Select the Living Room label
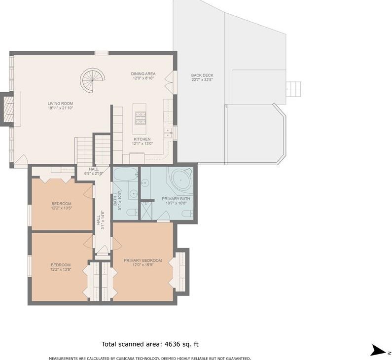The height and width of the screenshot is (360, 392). [x=60, y=103]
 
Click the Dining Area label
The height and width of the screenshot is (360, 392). [x=143, y=74]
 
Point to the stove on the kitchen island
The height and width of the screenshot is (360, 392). [x=140, y=118]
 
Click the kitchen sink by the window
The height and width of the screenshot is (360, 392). [x=167, y=133]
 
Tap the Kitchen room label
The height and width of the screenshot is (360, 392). [x=142, y=139]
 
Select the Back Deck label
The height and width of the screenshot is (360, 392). [x=202, y=75]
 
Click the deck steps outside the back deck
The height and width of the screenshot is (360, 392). [x=293, y=89]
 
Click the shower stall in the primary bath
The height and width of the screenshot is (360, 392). [x=146, y=211]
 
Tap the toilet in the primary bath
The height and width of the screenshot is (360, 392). [x=187, y=214]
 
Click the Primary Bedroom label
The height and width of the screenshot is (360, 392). [x=143, y=260]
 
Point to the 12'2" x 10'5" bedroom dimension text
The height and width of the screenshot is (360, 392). [x=62, y=208]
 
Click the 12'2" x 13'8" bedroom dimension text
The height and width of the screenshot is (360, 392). [x=61, y=269]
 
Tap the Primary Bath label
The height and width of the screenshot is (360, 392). [x=176, y=199]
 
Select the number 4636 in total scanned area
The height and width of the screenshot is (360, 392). [x=173, y=344]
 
